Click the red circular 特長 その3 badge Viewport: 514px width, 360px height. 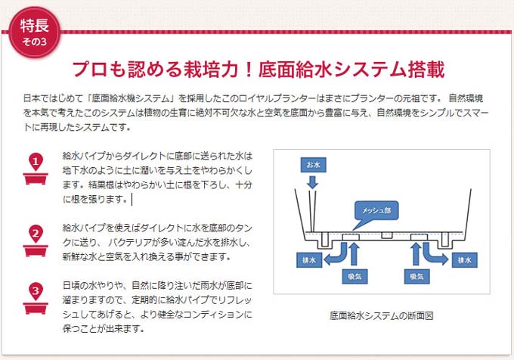point(35,32)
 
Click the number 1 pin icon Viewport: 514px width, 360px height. point(36,169)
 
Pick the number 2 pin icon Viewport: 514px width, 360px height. point(36,241)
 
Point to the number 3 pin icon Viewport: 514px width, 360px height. point(36,298)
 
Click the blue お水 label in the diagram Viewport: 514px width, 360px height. point(313,165)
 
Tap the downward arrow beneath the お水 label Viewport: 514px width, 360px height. point(313,182)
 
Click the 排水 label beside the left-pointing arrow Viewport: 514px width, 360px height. point(309,260)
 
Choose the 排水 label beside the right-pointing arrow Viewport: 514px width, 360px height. point(465,260)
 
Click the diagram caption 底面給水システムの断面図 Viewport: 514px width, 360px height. point(382,315)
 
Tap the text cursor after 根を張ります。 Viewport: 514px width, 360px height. point(132,199)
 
